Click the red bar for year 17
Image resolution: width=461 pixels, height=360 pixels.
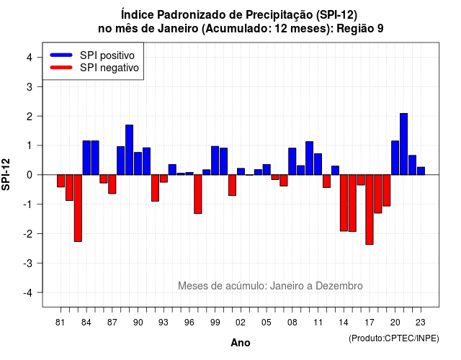point(370,210)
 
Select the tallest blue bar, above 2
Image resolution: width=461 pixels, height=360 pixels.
point(403,144)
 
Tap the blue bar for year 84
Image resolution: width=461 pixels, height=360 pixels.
point(86,158)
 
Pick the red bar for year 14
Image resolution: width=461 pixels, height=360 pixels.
point(344,203)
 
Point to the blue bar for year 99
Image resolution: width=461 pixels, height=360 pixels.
point(215,161)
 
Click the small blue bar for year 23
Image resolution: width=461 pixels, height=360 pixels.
point(421,171)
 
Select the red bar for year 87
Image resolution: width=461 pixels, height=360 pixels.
point(112,184)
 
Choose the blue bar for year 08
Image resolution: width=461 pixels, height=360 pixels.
point(292,161)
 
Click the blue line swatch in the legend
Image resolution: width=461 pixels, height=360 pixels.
point(61,55)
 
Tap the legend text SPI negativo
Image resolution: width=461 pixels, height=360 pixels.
point(109,68)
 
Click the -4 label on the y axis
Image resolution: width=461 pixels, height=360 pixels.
point(28,292)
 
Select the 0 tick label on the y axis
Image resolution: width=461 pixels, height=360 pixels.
point(30,175)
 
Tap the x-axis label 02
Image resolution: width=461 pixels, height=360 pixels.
point(241,323)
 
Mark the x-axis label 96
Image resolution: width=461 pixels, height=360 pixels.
point(189,323)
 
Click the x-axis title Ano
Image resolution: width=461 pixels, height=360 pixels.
point(241,343)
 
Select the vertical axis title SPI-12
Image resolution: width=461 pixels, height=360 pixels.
point(6,174)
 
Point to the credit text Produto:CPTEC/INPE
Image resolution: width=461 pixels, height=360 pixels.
point(394,338)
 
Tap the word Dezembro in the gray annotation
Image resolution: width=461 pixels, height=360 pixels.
point(339,286)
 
